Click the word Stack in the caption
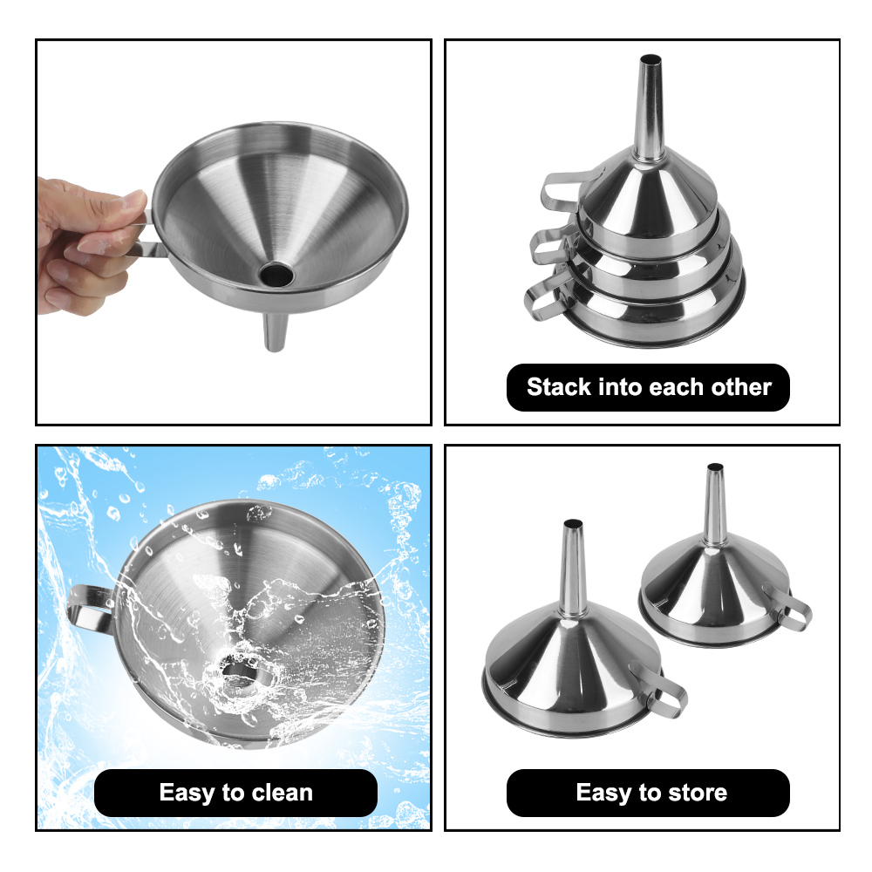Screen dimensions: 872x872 click(x=559, y=387)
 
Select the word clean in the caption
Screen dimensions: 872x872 click(x=273, y=793)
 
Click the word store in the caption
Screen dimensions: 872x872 click(x=694, y=793)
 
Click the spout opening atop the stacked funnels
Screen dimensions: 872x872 click(x=651, y=61)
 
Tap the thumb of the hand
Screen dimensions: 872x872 click(x=122, y=205)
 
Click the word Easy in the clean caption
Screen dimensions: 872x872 click(x=188, y=793)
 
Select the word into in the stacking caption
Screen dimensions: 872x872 click(x=625, y=387)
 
